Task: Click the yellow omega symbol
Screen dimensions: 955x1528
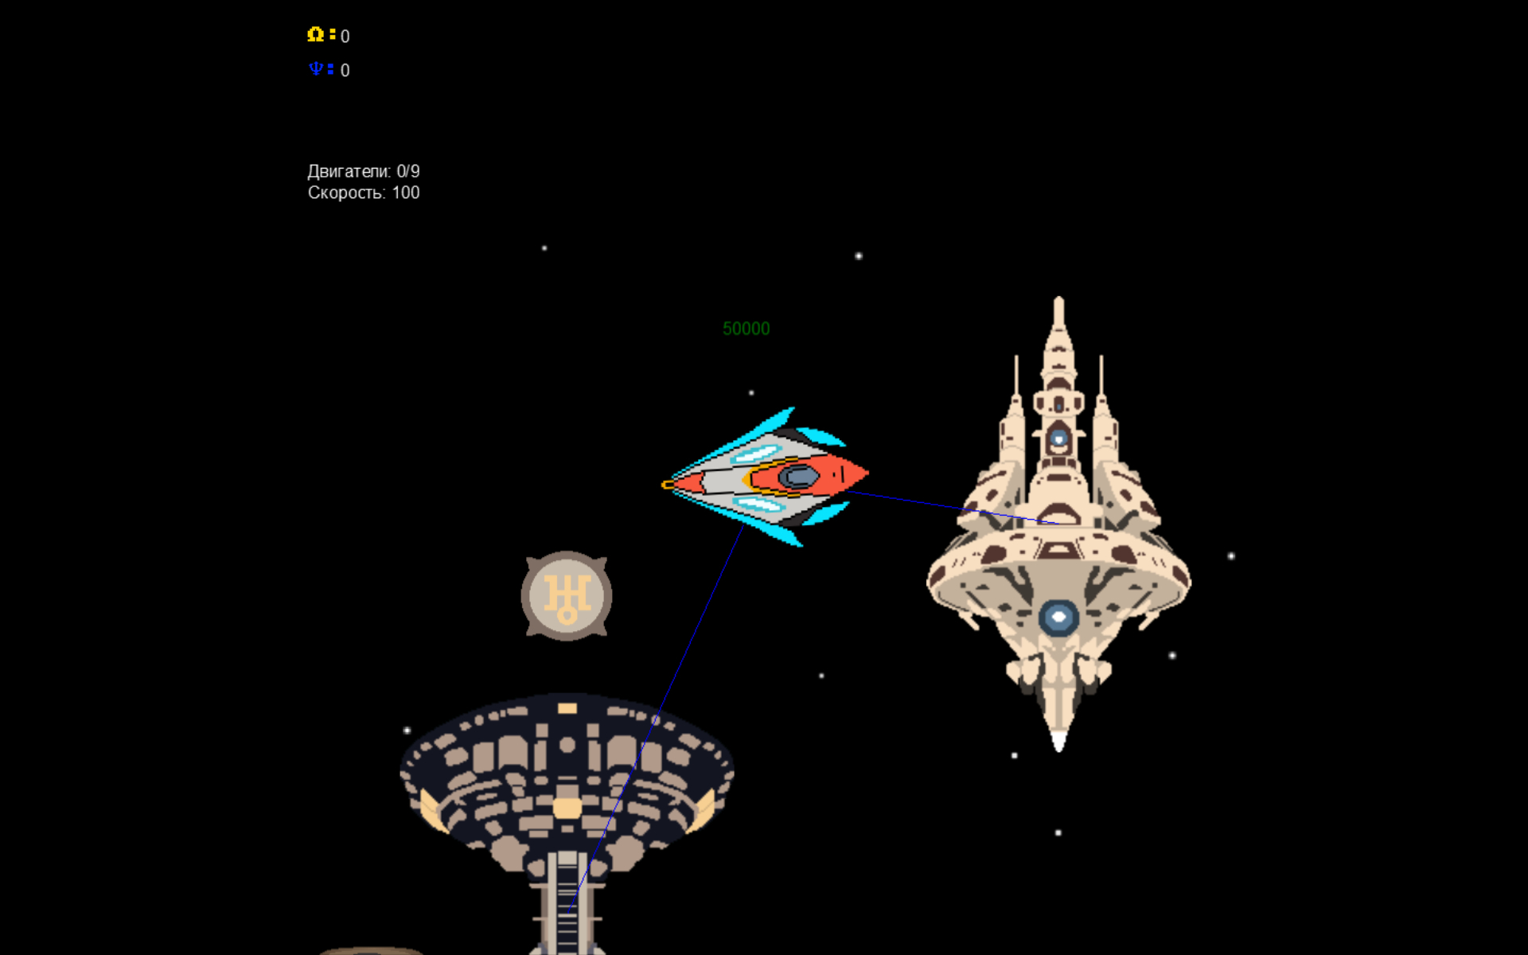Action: coord(315,34)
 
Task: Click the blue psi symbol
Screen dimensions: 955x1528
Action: coord(316,69)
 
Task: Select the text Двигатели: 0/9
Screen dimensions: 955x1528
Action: coord(363,171)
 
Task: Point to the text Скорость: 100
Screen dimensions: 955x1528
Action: coord(363,193)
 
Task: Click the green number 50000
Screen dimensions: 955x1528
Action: coord(746,329)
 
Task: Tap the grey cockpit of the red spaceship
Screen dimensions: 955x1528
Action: coord(798,477)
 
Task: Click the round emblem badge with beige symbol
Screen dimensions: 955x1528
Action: coord(567,595)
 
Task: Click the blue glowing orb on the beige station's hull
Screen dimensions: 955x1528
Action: coord(1058,617)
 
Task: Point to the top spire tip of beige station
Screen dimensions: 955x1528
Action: coord(1058,301)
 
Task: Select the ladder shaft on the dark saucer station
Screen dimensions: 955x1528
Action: coord(567,903)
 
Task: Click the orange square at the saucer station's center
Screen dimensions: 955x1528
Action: coord(567,809)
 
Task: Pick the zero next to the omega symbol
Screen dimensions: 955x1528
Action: coord(345,37)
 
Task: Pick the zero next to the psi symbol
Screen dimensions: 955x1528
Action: coord(345,71)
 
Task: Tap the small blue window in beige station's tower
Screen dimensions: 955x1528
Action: coord(1058,438)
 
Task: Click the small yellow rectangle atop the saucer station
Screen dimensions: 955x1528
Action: coord(567,708)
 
